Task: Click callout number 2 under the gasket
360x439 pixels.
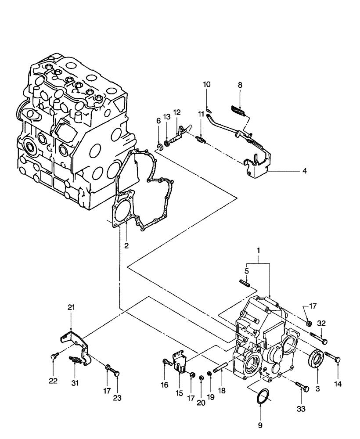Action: (x=126, y=246)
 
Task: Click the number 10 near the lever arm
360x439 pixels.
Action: (x=207, y=84)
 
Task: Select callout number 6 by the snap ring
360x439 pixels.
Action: (x=158, y=121)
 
